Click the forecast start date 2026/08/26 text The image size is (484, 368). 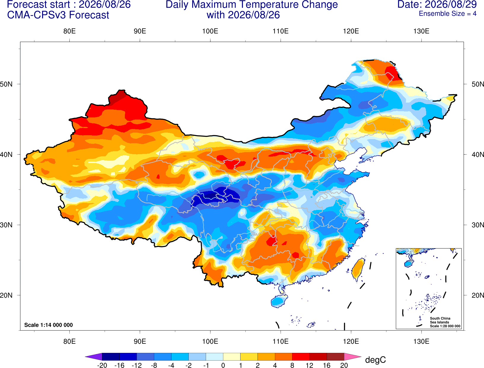(x=105, y=4)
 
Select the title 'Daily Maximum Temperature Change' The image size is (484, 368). (x=251, y=4)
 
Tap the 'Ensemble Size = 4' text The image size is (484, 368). (x=448, y=14)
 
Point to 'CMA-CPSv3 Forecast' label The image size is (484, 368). (x=58, y=15)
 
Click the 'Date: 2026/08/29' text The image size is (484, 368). (x=437, y=4)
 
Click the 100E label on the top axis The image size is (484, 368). (x=210, y=31)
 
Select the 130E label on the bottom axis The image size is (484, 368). (x=421, y=342)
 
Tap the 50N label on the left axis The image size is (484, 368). (x=6, y=84)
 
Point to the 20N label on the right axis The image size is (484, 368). (x=477, y=295)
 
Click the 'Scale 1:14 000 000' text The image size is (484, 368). (x=49, y=325)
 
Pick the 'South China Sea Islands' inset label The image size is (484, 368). (x=440, y=320)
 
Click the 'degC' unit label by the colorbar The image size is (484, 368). (x=375, y=360)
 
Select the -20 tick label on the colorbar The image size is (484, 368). (x=102, y=365)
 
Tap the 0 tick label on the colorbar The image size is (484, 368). (x=223, y=365)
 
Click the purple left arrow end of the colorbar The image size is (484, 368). (x=94, y=357)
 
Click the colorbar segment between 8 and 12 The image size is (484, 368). (x=301, y=357)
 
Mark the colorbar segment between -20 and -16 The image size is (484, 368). (x=111, y=357)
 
